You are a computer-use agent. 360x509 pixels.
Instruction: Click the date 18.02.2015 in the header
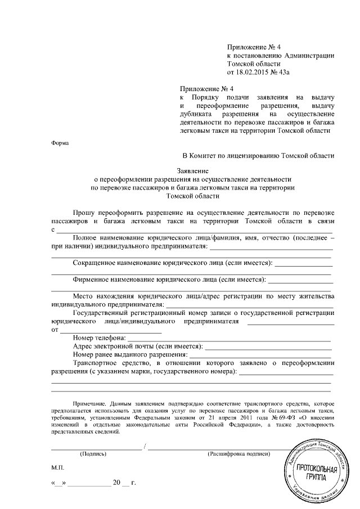point(254,73)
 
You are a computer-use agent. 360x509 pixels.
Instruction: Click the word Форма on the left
point(60,143)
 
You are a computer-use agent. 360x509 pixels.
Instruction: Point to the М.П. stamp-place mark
point(58,468)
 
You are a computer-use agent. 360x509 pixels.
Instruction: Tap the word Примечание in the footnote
point(91,404)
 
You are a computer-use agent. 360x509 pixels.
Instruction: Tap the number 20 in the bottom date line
point(116,483)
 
